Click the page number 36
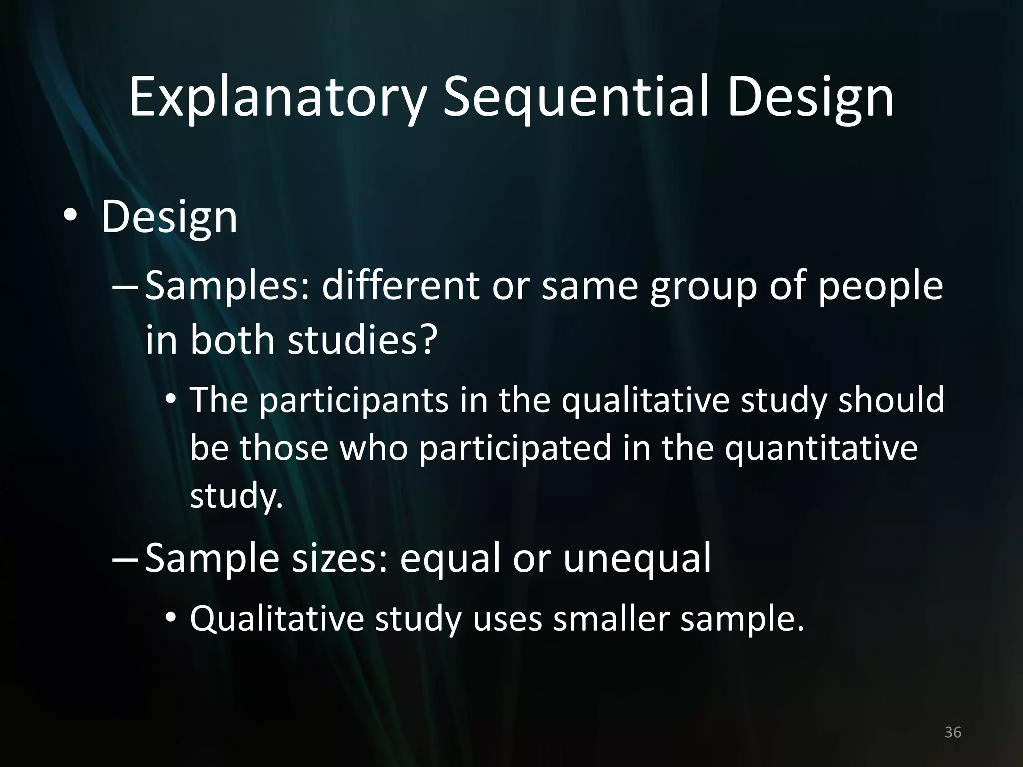pos(953,732)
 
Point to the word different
pos(399,286)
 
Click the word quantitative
pos(821,447)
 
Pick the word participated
pos(515,447)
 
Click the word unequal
pos(637,558)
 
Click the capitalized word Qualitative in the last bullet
pos(277,619)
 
